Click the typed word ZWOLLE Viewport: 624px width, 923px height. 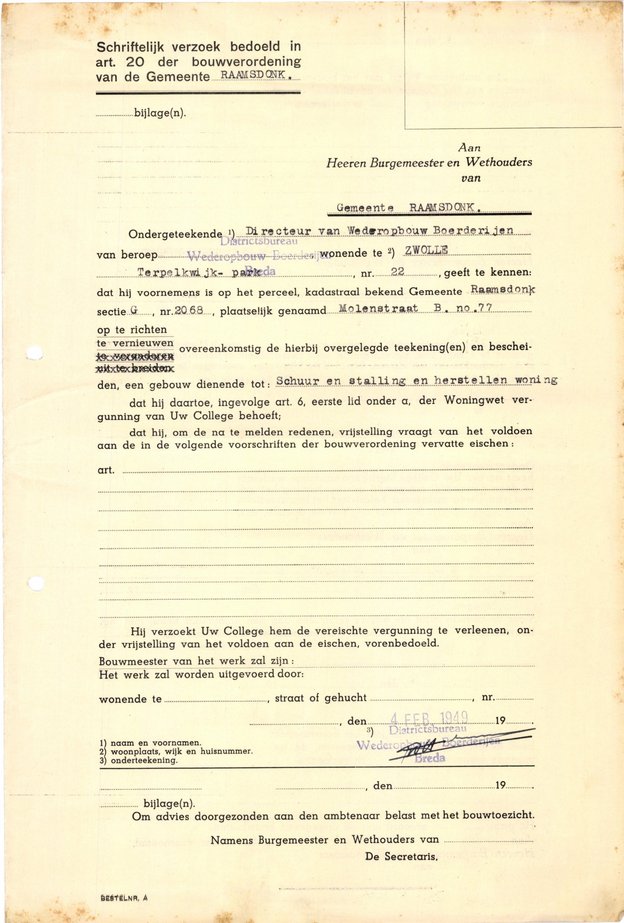click(426, 250)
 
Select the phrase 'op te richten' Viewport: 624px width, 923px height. click(132, 330)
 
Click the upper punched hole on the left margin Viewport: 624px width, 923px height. click(35, 353)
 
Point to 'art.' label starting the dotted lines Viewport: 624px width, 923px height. click(106, 470)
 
